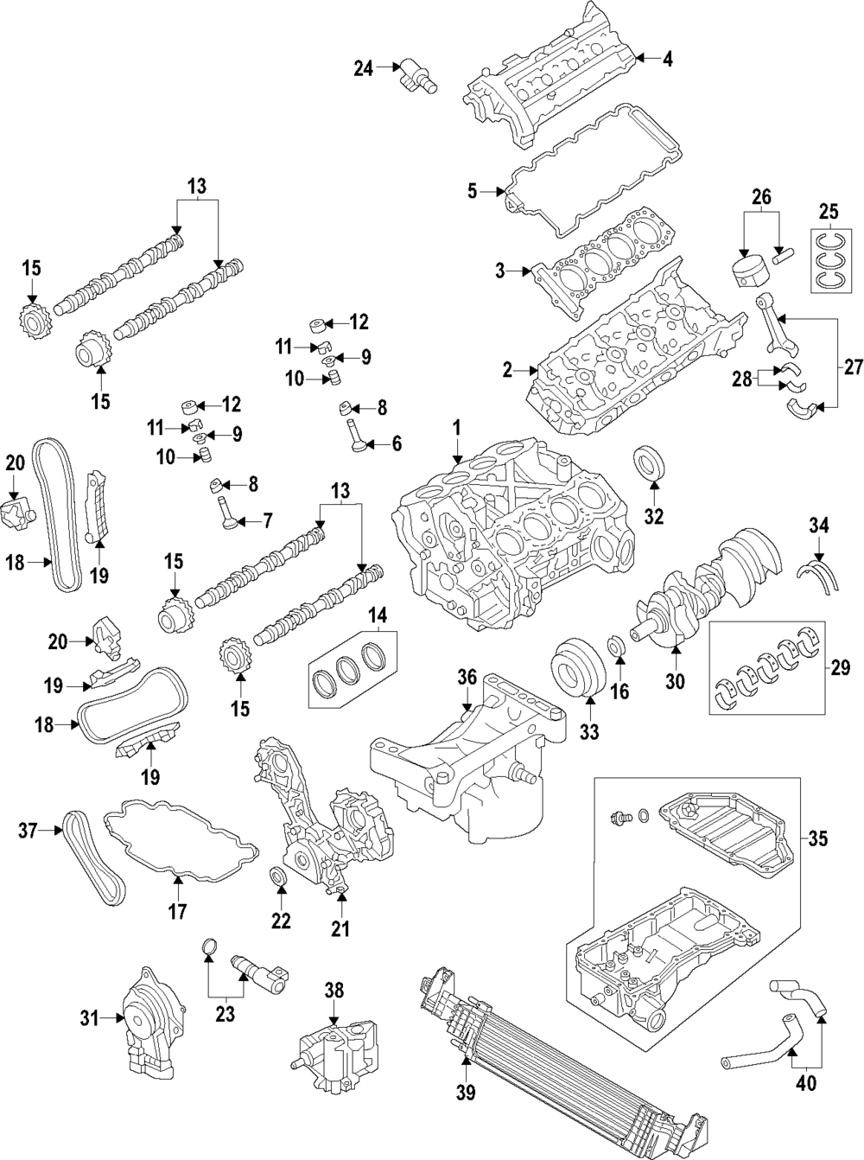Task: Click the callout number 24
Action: click(x=364, y=67)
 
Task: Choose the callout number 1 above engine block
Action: click(x=455, y=427)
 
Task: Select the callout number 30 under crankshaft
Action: click(x=675, y=681)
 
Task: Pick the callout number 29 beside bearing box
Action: click(x=840, y=667)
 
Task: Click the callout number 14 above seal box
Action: click(x=378, y=616)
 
